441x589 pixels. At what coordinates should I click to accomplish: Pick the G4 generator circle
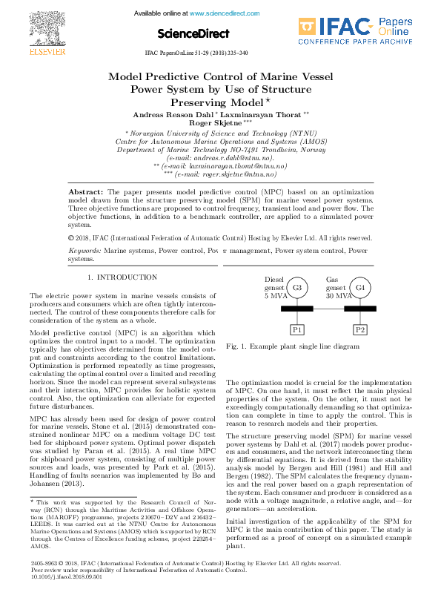tap(360, 288)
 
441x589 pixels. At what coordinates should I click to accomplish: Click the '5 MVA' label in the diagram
tap(276, 296)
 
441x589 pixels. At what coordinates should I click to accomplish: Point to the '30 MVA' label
tap(339, 296)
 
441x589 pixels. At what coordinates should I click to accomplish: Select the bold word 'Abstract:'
tap(95, 191)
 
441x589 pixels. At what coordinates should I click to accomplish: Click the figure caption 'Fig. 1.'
tap(238, 346)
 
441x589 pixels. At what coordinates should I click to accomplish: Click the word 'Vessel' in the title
tap(302, 76)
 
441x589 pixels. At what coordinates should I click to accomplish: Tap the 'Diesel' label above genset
tap(275, 280)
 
